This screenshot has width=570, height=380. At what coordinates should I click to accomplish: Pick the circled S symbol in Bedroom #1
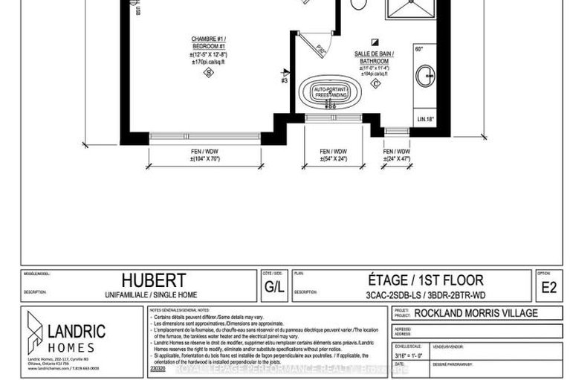coord(209,73)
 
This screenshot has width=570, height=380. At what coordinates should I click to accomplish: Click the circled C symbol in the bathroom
coord(375,84)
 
